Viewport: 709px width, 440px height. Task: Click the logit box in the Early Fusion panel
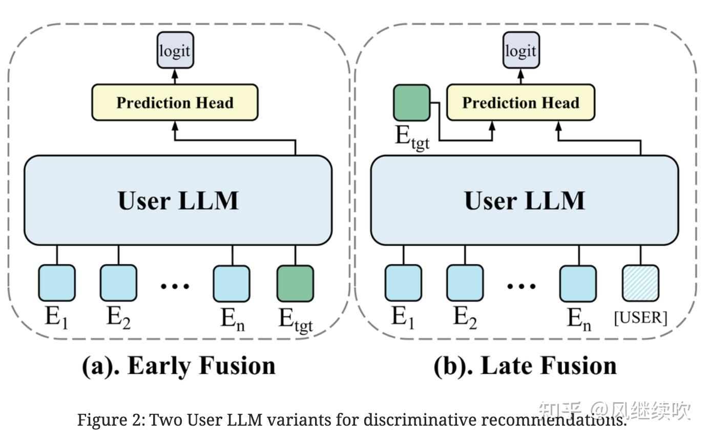coord(175,50)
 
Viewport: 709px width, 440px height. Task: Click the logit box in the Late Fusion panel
coord(521,50)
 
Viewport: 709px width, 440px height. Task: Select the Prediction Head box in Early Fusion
coord(175,103)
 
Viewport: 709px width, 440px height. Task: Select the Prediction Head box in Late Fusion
coord(520,103)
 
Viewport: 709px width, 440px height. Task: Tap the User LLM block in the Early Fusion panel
coord(178,200)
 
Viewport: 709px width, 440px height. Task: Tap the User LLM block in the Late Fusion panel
coord(524,200)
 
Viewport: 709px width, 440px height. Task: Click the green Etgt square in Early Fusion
coord(295,283)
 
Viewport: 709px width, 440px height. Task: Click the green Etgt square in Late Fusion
coord(411,103)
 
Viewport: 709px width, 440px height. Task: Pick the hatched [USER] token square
coord(640,283)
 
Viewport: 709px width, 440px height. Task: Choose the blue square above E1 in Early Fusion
coord(57,283)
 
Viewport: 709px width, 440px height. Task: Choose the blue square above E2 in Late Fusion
coord(465,283)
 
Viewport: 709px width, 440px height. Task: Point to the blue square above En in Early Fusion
coord(232,283)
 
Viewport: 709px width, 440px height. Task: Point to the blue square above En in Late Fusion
coord(578,283)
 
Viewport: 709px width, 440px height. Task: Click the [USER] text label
coord(640,318)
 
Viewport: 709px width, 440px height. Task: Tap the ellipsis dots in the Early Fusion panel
coord(175,285)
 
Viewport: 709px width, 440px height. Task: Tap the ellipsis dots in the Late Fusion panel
coord(522,285)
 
